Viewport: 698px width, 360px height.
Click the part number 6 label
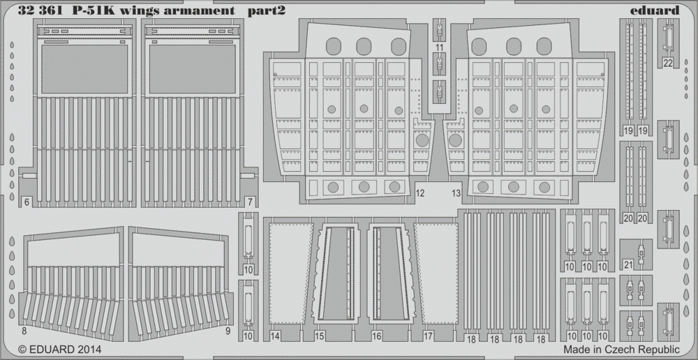[x=27, y=202]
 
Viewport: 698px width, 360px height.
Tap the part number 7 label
[x=250, y=202]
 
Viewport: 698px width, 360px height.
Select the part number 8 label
[x=24, y=331]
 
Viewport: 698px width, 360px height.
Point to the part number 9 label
[x=228, y=331]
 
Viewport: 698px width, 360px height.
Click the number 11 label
[x=440, y=47]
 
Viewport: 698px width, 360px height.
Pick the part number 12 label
[x=419, y=193]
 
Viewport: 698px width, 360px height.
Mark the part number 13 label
[x=456, y=193]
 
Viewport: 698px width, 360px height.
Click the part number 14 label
[x=275, y=337]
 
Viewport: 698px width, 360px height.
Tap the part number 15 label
[x=320, y=337]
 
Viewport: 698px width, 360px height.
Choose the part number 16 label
[x=377, y=337]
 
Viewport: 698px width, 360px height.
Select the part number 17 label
[x=429, y=337]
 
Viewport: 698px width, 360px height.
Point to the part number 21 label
[x=629, y=265]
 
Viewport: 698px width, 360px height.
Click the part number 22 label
[x=668, y=63]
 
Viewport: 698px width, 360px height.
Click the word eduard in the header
[x=660, y=10]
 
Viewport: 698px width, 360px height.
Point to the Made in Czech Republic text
[x=621, y=349]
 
